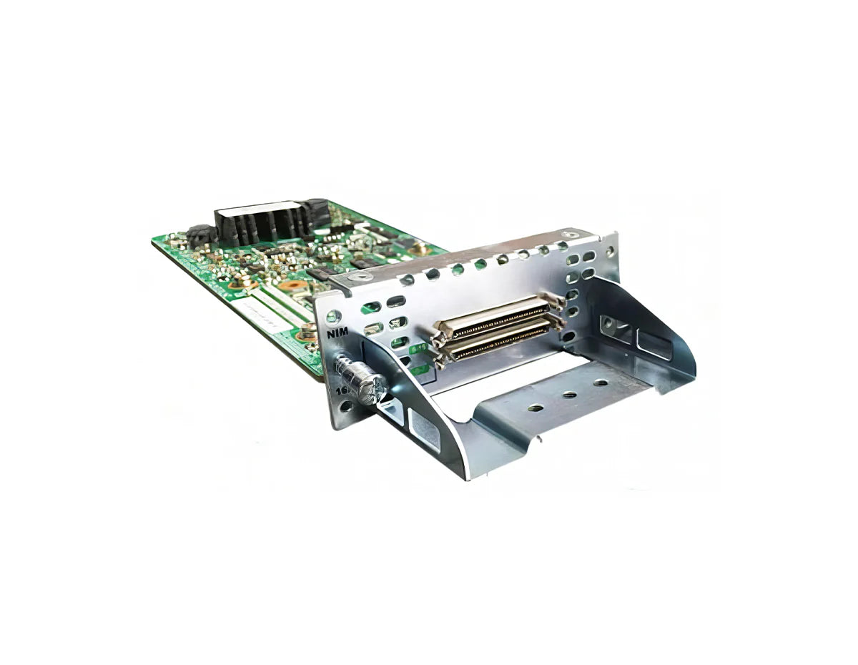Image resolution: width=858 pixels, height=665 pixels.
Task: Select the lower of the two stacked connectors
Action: [x=496, y=342]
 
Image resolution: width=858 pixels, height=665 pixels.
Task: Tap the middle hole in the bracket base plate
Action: [x=570, y=395]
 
